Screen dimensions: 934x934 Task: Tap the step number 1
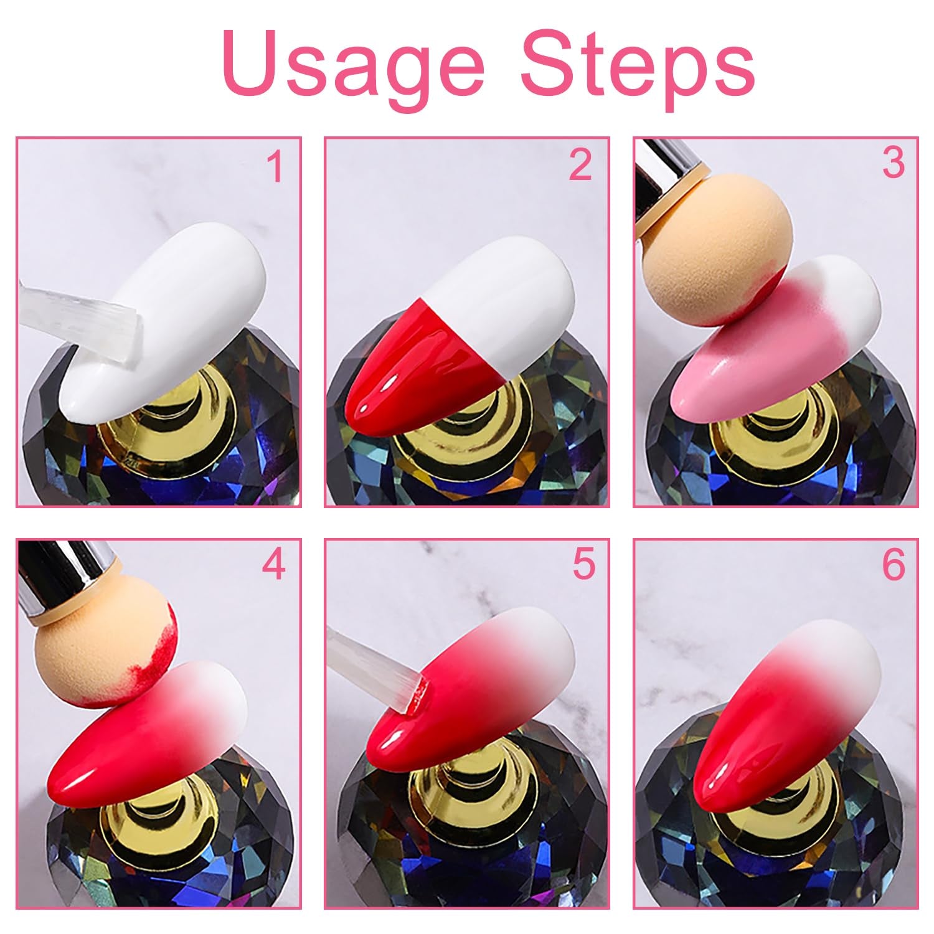pos(275,166)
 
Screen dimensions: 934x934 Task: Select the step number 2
pos(580,165)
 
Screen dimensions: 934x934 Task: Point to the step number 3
pos(893,163)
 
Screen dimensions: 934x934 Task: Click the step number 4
pos(273,564)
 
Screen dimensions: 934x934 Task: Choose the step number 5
pos(583,564)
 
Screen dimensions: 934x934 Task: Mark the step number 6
pos(893,565)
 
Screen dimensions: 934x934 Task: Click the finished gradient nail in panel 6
pos(785,729)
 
